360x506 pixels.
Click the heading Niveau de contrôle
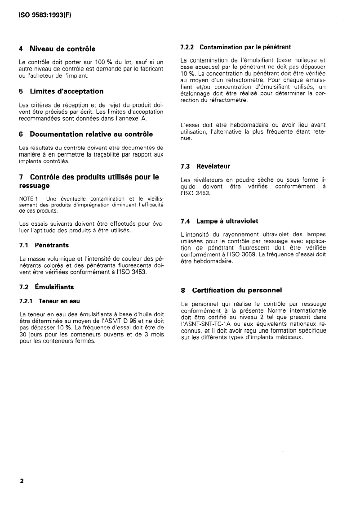click(x=62, y=49)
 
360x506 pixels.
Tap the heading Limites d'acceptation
click(x=67, y=91)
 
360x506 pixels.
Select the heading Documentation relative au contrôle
click(x=91, y=134)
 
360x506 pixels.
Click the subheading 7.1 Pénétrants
click(x=44, y=245)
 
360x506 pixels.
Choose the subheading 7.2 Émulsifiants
click(x=46, y=287)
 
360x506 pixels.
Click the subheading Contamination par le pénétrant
click(x=245, y=47)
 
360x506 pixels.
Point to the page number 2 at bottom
click(x=22, y=481)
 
